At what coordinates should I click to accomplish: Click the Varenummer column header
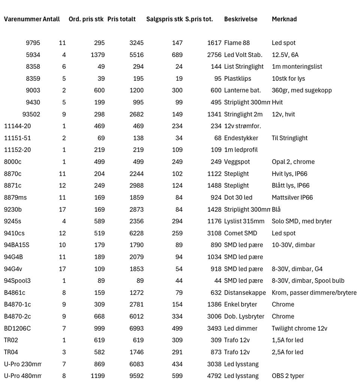(22, 19)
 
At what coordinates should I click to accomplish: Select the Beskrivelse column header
(241, 19)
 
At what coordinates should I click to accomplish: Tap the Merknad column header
(284, 19)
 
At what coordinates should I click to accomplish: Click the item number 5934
(33, 55)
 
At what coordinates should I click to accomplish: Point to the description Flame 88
(237, 43)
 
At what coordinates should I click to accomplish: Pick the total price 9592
(136, 376)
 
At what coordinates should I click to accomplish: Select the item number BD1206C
(17, 328)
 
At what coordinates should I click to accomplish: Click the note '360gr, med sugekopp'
(302, 90)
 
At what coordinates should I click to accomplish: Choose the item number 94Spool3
(17, 281)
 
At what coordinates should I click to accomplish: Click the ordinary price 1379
(97, 55)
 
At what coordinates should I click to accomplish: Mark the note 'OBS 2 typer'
(288, 376)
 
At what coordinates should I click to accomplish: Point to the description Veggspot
(237, 162)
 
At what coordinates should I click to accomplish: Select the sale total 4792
(214, 376)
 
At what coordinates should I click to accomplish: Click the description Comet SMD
(241, 233)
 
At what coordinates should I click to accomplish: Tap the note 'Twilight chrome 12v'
(300, 328)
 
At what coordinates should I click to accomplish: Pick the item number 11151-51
(17, 138)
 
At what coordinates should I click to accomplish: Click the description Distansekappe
(245, 293)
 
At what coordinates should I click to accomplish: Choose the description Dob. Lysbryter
(244, 316)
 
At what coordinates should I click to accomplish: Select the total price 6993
(136, 328)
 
